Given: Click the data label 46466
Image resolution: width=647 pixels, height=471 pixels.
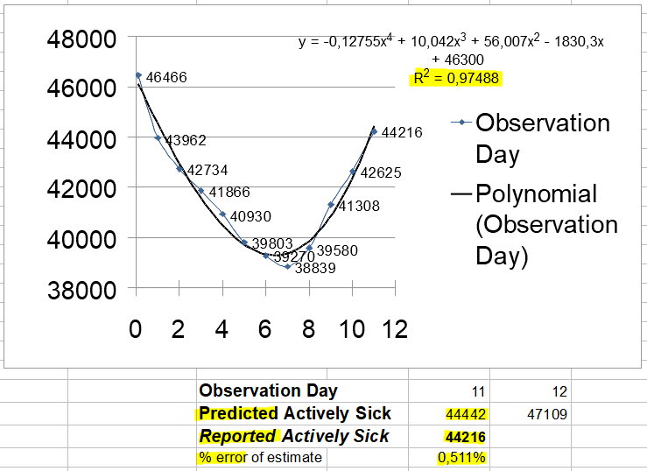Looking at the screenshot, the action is coord(166,77).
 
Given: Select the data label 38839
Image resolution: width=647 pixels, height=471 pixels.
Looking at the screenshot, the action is coord(315,268).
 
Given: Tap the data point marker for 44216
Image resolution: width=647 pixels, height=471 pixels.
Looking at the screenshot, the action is coord(374,131).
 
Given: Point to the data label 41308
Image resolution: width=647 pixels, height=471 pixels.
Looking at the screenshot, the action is coord(359,206).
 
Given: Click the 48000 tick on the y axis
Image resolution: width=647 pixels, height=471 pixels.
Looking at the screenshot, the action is coord(81,39).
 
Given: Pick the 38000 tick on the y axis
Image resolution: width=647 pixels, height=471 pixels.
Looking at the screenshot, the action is coord(81,290).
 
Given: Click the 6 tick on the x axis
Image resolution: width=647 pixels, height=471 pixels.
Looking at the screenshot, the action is coord(265,329).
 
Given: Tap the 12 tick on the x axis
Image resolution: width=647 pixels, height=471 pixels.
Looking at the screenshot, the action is coord(395,329).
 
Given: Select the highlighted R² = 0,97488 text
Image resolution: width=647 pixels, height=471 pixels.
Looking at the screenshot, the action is coord(456,78).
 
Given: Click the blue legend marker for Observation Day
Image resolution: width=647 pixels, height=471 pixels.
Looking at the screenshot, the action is coord(461,122).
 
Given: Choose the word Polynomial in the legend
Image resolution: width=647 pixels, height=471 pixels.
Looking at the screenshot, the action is coord(537,193).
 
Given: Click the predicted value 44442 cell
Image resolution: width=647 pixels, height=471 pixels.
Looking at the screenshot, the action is coord(466,414).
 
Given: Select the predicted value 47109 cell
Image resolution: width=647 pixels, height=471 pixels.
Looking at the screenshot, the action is coord(547,414).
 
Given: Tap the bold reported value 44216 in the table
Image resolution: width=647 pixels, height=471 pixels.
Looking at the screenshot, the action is coord(465,437).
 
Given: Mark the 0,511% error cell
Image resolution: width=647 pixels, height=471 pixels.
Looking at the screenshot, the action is coord(462,457).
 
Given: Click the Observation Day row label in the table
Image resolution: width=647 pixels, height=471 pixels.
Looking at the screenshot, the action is coord(268,390).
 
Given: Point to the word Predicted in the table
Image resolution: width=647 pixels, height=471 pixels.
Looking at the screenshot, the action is coord(238,413).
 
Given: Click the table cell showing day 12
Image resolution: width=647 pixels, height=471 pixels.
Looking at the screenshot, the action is coord(560,391).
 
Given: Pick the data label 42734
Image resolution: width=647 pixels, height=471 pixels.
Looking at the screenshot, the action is coord(207,170).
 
